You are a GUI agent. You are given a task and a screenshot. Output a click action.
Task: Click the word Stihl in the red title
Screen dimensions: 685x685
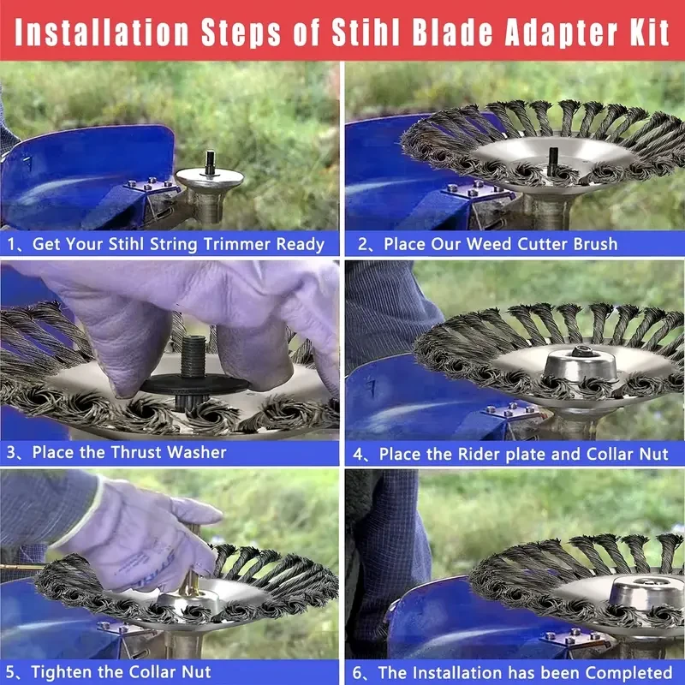coord(366,33)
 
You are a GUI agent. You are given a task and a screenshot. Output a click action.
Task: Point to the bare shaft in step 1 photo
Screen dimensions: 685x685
coord(210,162)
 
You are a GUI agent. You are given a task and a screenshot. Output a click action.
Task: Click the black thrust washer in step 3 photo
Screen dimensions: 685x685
coord(195,384)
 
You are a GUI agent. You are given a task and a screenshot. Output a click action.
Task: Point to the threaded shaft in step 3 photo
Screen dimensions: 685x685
coord(194,356)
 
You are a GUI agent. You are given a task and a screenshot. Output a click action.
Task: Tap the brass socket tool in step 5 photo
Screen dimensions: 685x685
coord(191,568)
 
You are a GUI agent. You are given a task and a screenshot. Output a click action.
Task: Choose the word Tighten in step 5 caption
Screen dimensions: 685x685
coord(61,671)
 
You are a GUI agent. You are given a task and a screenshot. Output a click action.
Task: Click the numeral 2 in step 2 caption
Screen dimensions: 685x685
coord(362,244)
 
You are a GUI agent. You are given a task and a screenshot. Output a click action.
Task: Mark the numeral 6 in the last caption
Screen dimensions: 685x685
coord(357,673)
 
